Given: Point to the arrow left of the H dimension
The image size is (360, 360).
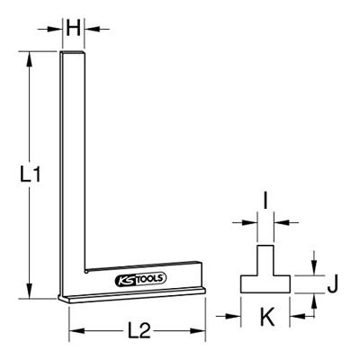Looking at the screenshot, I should pyautogui.click(x=55, y=29).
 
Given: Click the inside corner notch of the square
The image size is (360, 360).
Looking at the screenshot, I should pyautogui.click(x=85, y=268).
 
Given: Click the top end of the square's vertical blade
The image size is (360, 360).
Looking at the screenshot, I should pyautogui.click(x=74, y=54).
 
